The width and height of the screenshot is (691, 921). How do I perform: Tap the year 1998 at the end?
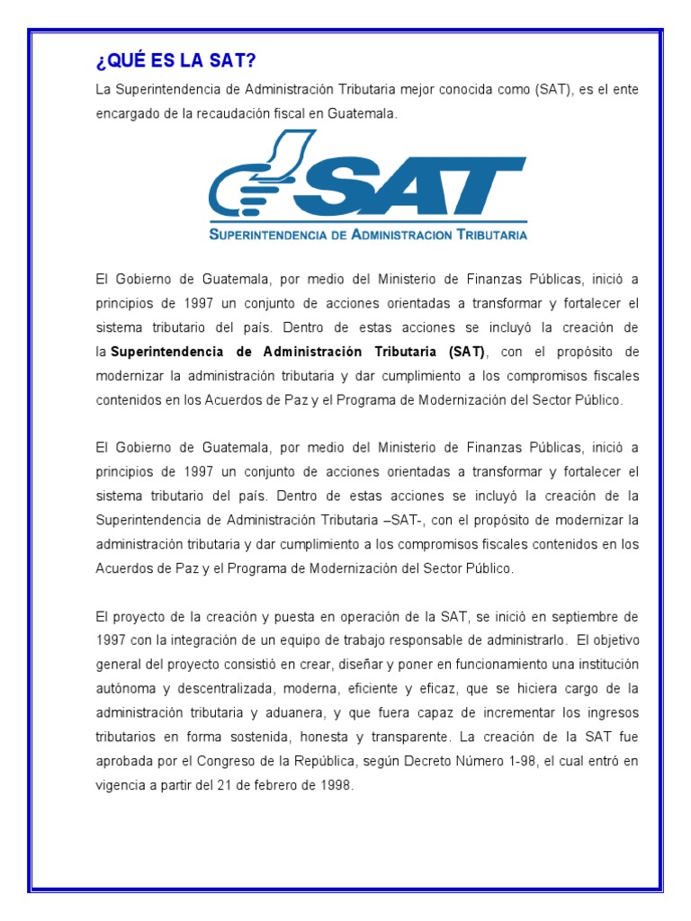click(337, 784)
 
